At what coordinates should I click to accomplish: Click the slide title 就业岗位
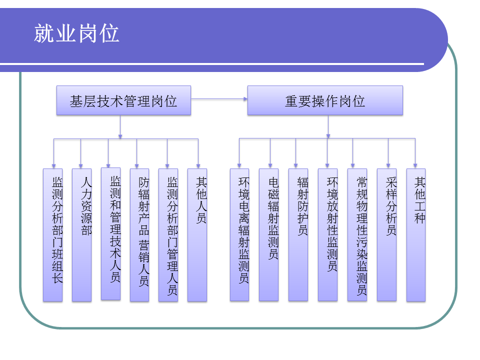[x=77, y=33]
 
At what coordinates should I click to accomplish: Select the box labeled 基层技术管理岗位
[x=123, y=100]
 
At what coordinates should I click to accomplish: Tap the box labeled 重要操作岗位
[x=325, y=100]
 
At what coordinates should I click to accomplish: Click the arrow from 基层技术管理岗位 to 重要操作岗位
[x=219, y=99]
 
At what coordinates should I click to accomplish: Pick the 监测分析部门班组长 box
[x=52, y=235]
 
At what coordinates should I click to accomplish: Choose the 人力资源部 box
[x=81, y=235]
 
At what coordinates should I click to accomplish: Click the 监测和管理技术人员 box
[x=110, y=233]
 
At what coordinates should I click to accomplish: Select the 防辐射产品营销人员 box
[x=139, y=235]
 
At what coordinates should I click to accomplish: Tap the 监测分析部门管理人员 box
[x=168, y=235]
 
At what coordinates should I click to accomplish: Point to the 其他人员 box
[x=197, y=235]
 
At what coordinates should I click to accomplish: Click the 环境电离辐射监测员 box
[x=239, y=235]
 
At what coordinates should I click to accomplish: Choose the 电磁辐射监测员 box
[x=268, y=235]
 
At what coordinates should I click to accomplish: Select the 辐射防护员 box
[x=298, y=235]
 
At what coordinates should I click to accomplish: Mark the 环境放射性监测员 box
[x=327, y=235]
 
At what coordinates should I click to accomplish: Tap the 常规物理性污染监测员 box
[x=357, y=235]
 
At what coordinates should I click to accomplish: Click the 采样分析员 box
[x=386, y=235]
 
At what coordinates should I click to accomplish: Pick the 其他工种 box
[x=416, y=235]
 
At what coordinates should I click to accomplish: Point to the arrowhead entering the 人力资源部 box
[x=80, y=165]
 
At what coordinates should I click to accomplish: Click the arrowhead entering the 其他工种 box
[x=415, y=165]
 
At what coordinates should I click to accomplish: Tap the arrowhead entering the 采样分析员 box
[x=388, y=165]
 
